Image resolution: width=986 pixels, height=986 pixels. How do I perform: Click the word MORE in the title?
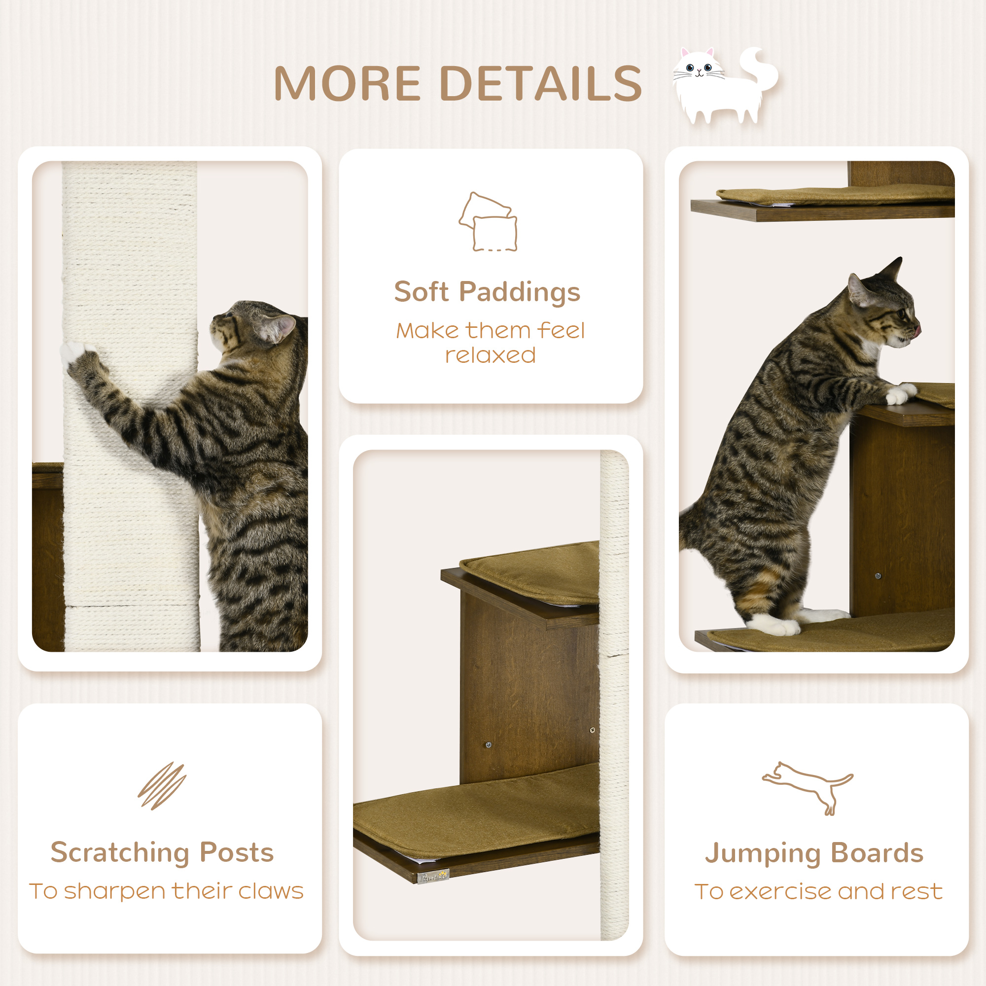click(347, 84)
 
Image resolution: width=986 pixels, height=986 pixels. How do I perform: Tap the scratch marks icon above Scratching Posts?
click(162, 786)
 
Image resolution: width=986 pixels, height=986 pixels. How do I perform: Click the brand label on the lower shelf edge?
click(433, 876)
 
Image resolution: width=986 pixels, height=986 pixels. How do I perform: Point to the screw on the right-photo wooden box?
click(878, 576)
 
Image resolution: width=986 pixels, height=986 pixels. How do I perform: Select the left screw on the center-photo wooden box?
click(489, 745)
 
